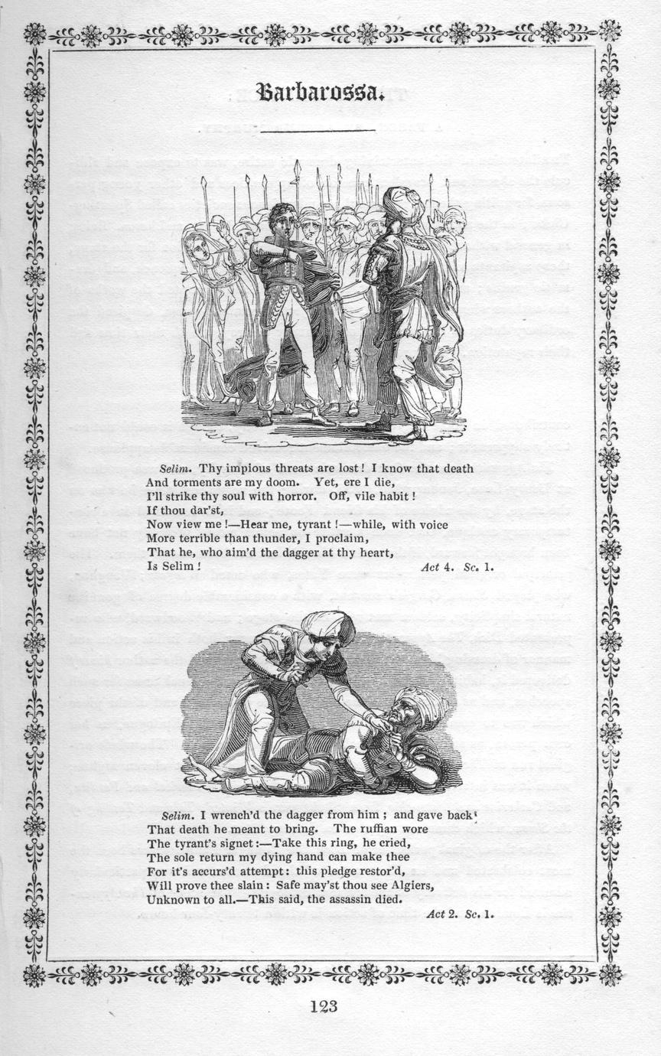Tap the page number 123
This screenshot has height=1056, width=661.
pyautogui.click(x=324, y=1006)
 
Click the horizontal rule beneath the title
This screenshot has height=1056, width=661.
pyautogui.click(x=317, y=131)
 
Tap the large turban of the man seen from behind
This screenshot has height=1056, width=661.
pyautogui.click(x=402, y=204)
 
